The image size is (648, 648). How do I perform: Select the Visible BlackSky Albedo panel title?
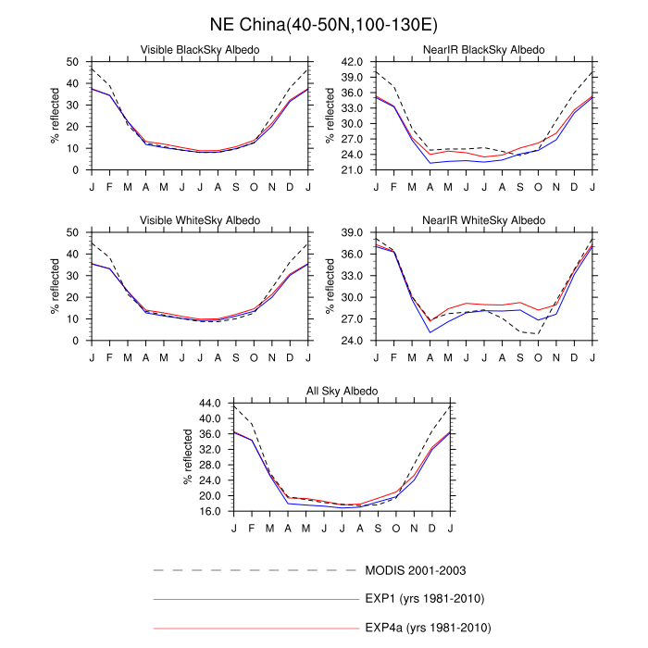pyautogui.click(x=199, y=49)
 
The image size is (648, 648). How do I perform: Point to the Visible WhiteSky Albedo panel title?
pyautogui.click(x=199, y=219)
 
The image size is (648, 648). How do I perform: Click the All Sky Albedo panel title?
pyautogui.click(x=342, y=392)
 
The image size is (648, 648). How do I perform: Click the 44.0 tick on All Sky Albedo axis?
pyautogui.click(x=211, y=404)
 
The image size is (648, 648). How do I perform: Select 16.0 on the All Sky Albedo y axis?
pyautogui.click(x=211, y=511)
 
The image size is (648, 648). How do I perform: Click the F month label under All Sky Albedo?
pyautogui.click(x=252, y=528)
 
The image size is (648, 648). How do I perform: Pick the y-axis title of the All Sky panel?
pyautogui.click(x=188, y=457)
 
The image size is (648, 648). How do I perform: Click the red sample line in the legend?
pyautogui.click(x=255, y=628)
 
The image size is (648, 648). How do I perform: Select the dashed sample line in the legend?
pyautogui.click(x=255, y=569)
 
